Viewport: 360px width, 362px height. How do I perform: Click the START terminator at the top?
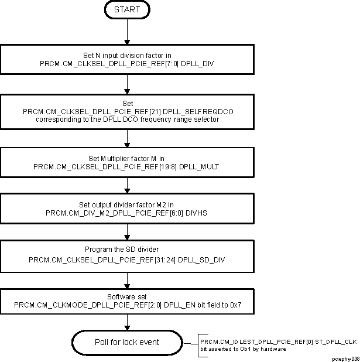click(127, 10)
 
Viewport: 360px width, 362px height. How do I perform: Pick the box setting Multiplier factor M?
click(127, 162)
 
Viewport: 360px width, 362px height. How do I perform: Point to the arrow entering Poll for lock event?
click(127, 323)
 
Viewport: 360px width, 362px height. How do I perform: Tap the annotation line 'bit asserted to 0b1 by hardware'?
click(243, 349)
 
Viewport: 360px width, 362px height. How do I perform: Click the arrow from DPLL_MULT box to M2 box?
click(127, 186)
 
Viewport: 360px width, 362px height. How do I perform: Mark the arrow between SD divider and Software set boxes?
click(127, 278)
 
